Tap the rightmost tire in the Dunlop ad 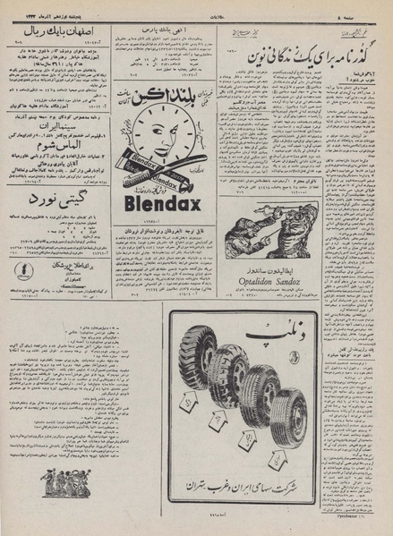coord(288,413)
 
